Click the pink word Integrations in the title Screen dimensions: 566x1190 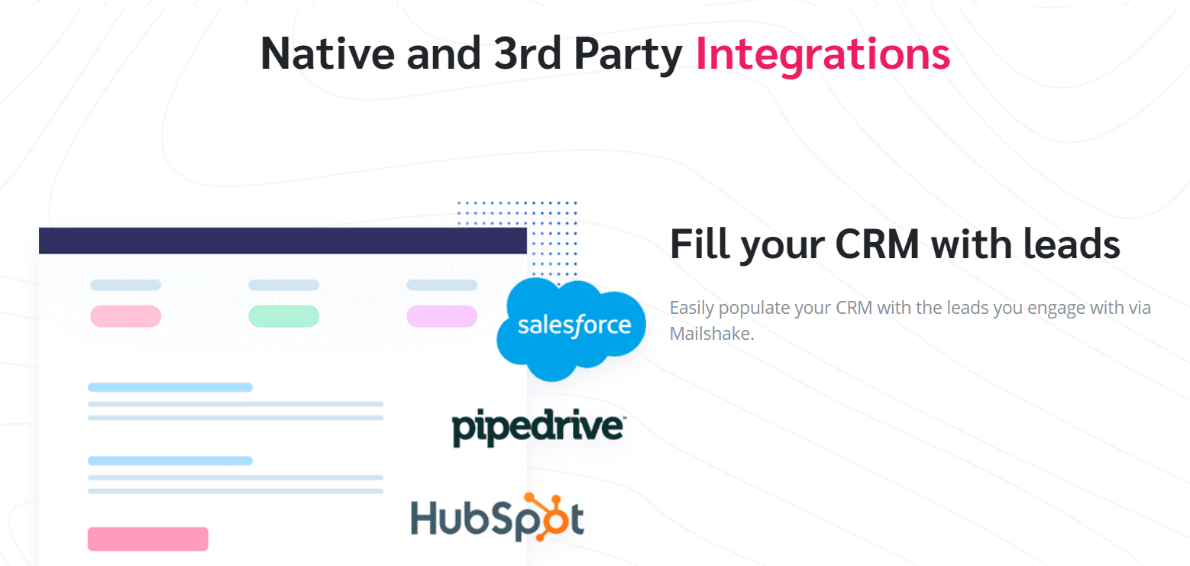823,53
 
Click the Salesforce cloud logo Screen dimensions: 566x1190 574,326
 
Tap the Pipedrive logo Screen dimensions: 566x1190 538,429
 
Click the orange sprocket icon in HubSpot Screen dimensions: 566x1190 548,514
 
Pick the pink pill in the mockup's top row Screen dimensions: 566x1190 125,315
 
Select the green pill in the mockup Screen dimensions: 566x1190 283,315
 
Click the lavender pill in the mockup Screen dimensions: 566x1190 441,315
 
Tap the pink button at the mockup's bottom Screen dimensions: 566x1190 147,539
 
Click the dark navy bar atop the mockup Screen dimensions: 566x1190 283,241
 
